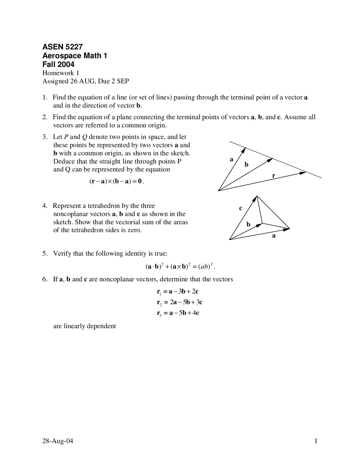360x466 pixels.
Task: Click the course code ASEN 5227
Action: click(62, 47)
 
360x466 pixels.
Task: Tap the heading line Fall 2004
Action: click(58, 64)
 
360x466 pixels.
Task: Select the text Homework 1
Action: click(60, 73)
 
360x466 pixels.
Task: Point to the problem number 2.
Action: click(45, 117)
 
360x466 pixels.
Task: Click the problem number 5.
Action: click(45, 254)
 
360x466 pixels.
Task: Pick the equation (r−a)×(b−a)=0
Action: click(116, 182)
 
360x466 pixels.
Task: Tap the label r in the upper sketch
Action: click(273, 176)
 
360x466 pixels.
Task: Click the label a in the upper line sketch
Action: click(231, 160)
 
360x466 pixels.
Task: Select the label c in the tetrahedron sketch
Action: click(240, 208)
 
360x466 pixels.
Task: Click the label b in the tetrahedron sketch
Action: click(248, 224)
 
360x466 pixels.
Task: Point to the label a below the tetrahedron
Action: click(274, 236)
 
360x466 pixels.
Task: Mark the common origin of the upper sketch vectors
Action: click(219, 191)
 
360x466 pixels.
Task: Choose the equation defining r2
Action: click(179, 302)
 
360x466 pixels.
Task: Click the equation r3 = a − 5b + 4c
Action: click(178, 313)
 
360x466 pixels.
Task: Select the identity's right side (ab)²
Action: click(206, 266)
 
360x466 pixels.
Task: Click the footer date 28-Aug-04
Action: click(58, 441)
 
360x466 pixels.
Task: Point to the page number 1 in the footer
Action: click(316, 441)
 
